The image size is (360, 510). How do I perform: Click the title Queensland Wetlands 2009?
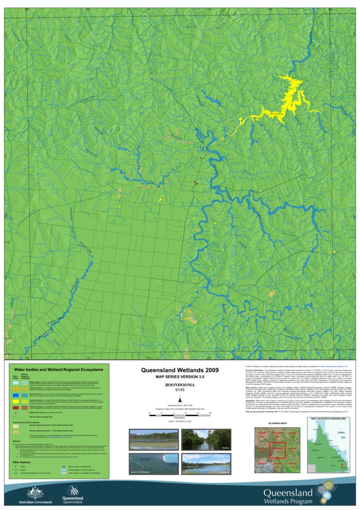(x=179, y=369)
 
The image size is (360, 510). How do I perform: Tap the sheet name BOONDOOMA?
(x=179, y=384)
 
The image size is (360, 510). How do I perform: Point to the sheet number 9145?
(x=179, y=390)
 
